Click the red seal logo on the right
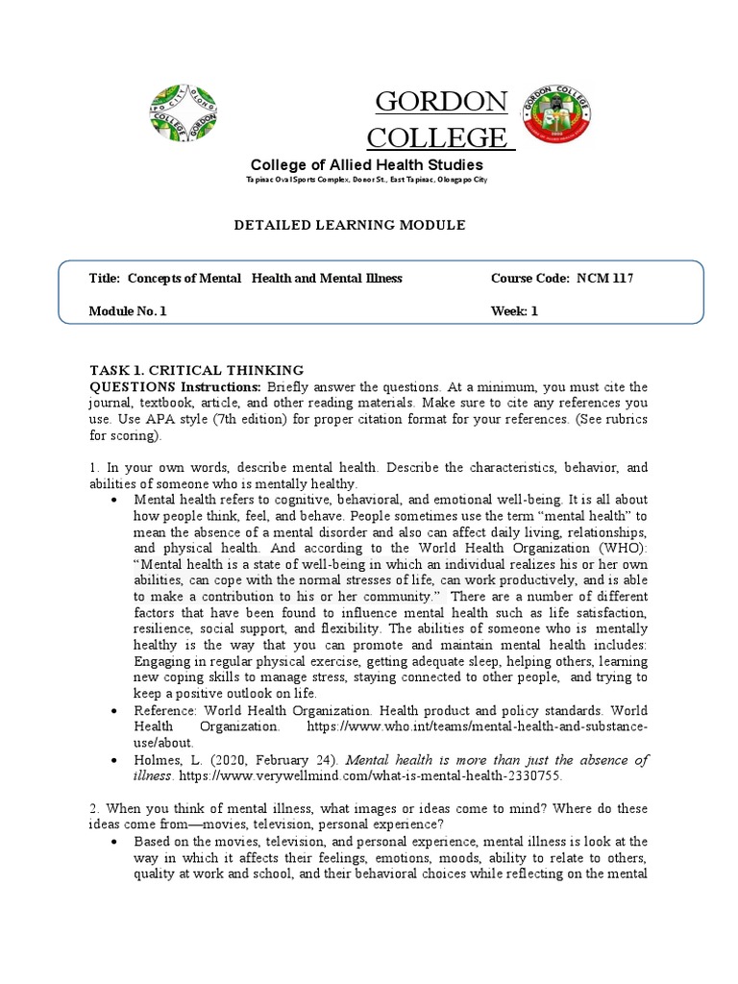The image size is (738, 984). [556, 113]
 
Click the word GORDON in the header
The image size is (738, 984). [441, 101]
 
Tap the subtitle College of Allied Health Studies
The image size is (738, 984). [367, 165]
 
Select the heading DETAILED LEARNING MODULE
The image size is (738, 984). [350, 225]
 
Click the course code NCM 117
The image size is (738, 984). [604, 279]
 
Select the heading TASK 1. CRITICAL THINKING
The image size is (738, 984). [196, 370]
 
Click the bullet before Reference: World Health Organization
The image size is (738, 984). [114, 711]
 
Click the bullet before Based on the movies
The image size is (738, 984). [114, 841]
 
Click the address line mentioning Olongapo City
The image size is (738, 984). [367, 181]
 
